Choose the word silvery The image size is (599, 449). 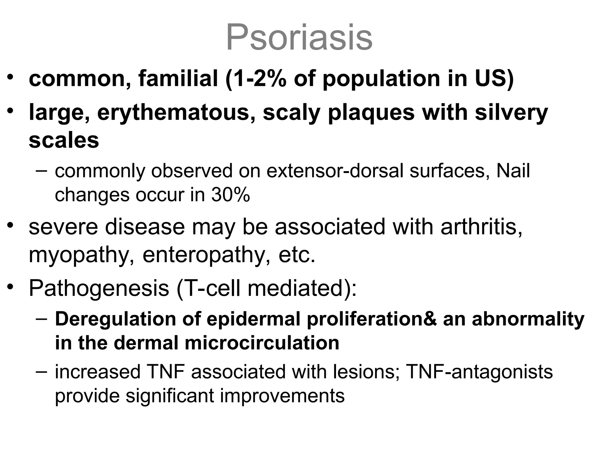point(511,113)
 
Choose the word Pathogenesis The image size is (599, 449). point(99,288)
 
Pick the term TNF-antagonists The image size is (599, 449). point(479,372)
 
